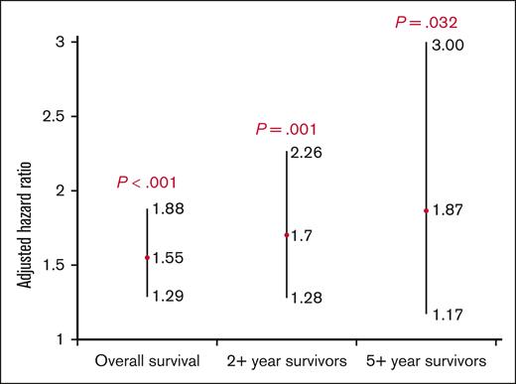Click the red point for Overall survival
click(x=147, y=258)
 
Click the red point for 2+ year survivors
click(x=286, y=235)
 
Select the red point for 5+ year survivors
click(x=426, y=210)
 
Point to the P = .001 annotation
click(x=286, y=129)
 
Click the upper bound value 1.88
click(x=169, y=209)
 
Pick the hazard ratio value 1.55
click(x=169, y=258)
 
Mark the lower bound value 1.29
click(x=169, y=296)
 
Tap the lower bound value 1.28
click(x=307, y=297)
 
